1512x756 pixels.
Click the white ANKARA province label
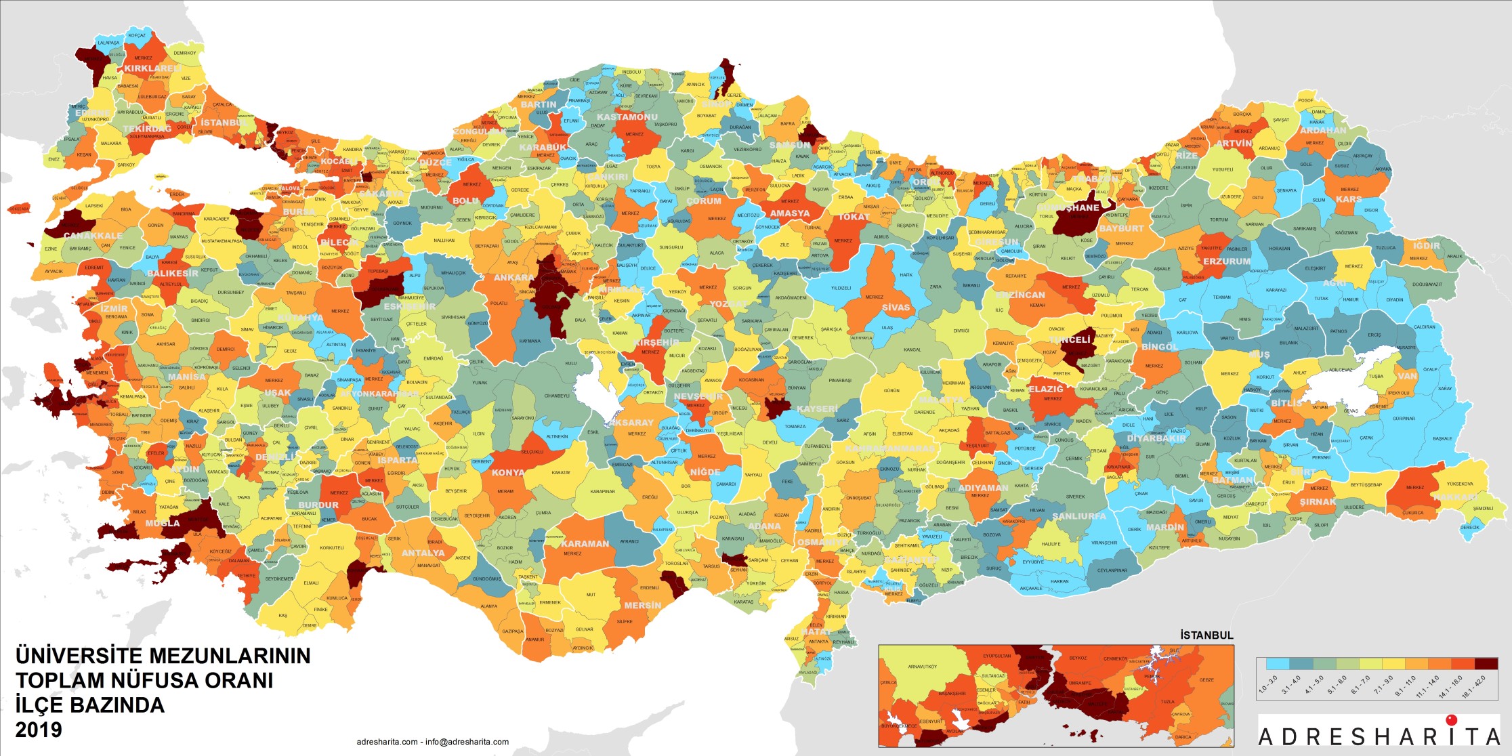pos(513,278)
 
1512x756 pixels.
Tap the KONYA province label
pos(508,473)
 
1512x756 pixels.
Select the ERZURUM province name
pos(1227,261)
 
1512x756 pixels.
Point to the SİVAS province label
pos(896,308)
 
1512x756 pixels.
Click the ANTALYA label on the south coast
pos(423,553)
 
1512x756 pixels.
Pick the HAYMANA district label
pos(529,341)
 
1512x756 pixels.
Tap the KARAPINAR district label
pos(602,491)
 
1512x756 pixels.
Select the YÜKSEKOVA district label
pos(1459,484)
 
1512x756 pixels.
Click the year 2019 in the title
pos(39,730)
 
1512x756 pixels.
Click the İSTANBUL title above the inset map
pos(1206,635)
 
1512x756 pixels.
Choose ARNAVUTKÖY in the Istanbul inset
pos(922,667)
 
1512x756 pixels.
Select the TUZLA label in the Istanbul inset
pos(1167,702)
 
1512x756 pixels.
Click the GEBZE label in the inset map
pos(1206,679)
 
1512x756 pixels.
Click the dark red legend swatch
pos(1486,664)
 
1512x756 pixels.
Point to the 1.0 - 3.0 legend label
pos(1267,685)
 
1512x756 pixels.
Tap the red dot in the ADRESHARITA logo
pos(1451,719)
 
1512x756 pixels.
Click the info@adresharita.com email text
pos(467,742)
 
